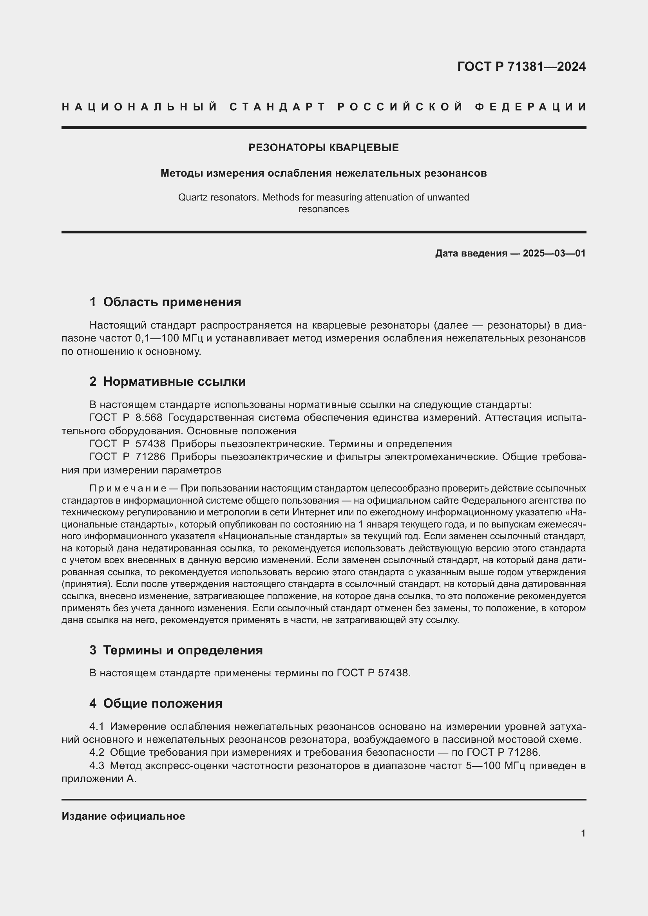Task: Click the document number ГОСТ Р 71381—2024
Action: coord(521,67)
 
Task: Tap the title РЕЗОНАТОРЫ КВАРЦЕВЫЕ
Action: coord(324,148)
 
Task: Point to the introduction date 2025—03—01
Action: coord(554,253)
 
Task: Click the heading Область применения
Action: coord(172,302)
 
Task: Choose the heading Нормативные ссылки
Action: coord(174,381)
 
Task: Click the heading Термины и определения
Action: coord(183,650)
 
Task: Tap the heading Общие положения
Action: coord(163,703)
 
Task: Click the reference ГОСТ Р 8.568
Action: coord(126,418)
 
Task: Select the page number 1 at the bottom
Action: coord(583,833)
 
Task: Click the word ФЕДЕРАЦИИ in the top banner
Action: coord(530,107)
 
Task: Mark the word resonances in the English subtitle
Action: coord(324,209)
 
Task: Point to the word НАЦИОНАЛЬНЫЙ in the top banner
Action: coord(139,107)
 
